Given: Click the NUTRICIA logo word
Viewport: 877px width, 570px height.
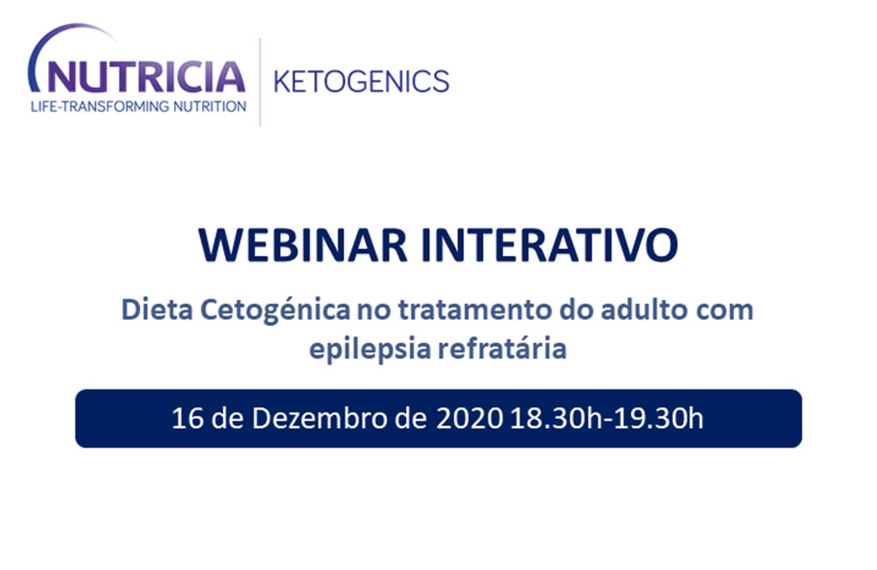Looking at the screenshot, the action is point(146,77).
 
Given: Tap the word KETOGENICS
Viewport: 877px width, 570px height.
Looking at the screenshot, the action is point(361,81).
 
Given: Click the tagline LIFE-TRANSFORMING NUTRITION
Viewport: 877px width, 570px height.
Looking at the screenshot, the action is point(139,106).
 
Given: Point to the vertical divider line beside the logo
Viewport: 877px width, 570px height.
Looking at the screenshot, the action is point(260,82).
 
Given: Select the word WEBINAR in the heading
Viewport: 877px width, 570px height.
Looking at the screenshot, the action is point(302,245).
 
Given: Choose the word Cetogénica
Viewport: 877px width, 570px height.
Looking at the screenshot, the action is point(276,311).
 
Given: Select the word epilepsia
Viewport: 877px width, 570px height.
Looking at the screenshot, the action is point(370,349).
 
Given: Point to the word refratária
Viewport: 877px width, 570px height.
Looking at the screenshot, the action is point(502,348).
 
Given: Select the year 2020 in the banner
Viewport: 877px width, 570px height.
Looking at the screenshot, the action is point(469,419).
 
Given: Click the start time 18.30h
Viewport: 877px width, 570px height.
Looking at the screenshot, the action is point(555,419).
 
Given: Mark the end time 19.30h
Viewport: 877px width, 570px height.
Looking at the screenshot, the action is point(659,419).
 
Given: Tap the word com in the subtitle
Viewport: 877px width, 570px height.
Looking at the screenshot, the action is point(725,312).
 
